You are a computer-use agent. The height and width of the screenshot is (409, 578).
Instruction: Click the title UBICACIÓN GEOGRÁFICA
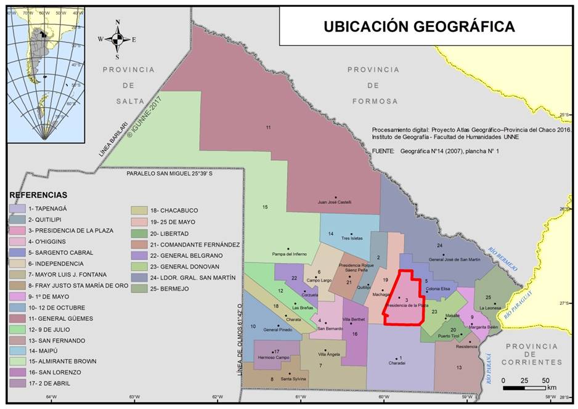pyautogui.click(x=419, y=26)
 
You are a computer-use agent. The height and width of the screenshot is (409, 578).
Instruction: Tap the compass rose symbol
pyautogui.click(x=117, y=39)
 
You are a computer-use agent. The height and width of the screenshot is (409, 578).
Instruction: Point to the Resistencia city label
pyautogui.click(x=466, y=347)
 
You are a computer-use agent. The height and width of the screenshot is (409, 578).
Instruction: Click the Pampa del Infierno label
pyautogui.click(x=288, y=254)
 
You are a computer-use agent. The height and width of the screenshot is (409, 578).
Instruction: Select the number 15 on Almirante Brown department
pyautogui.click(x=265, y=207)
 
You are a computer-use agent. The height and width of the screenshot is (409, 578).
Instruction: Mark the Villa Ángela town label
pyautogui.click(x=329, y=355)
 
